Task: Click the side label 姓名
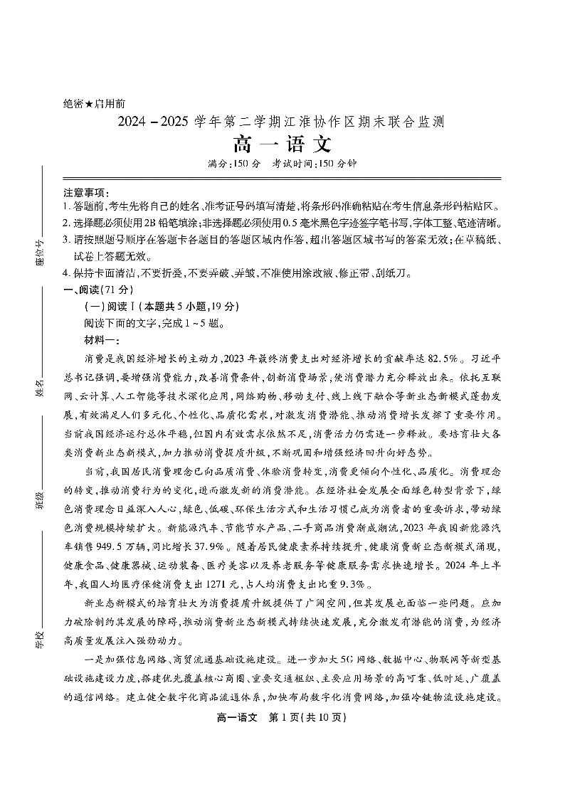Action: tap(39, 388)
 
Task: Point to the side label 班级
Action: tap(39, 501)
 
